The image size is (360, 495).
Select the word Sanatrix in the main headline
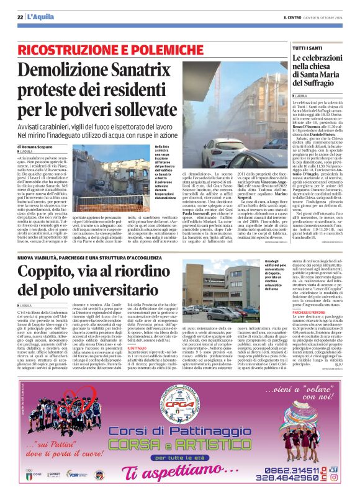coord(158,72)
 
